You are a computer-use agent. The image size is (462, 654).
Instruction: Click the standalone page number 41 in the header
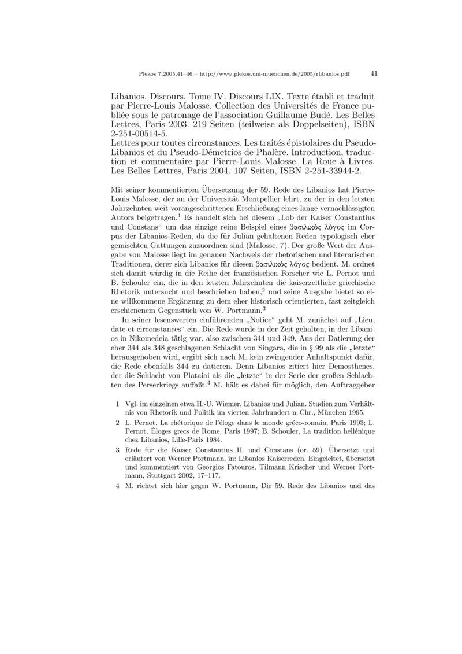(x=374, y=74)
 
